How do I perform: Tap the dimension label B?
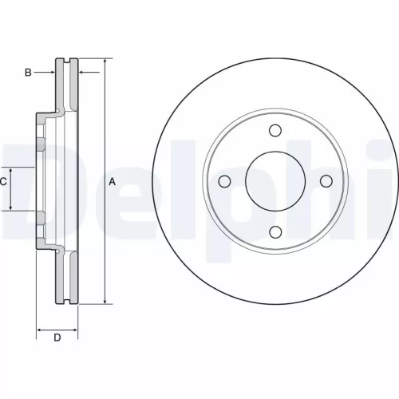pos(27,73)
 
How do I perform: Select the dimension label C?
pos(3,181)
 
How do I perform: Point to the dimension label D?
pos(57,338)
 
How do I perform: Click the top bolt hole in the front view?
pos(275,132)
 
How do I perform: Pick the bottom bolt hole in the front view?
pos(275,232)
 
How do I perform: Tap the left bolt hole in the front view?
pos(224,182)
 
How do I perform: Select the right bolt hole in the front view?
pos(325,182)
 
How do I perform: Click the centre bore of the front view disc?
pos(275,182)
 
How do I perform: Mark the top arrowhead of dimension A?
pos(105,61)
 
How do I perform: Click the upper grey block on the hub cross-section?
pos(38,144)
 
